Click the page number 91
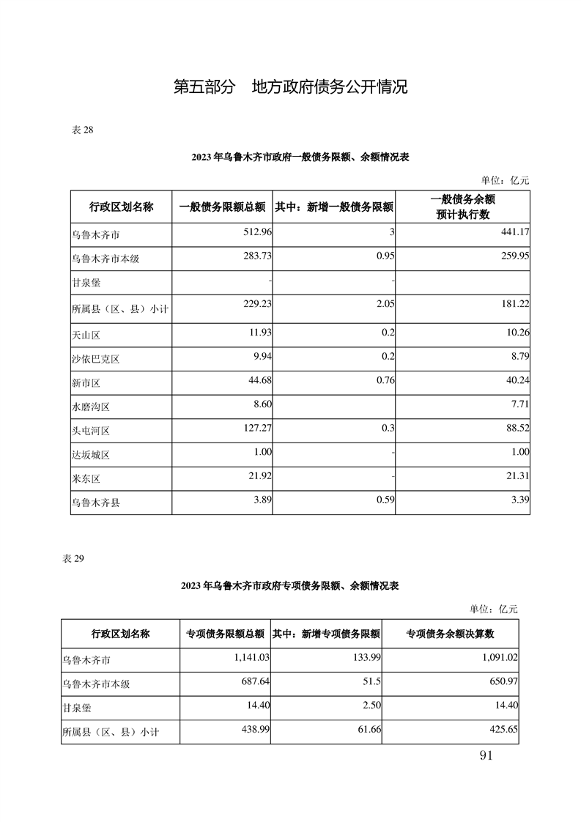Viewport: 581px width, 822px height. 484,756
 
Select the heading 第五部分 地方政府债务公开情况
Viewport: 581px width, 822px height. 290,88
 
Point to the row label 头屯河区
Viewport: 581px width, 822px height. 90,431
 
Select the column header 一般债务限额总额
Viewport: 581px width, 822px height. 221,207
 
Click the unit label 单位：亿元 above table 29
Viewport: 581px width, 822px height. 493,608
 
